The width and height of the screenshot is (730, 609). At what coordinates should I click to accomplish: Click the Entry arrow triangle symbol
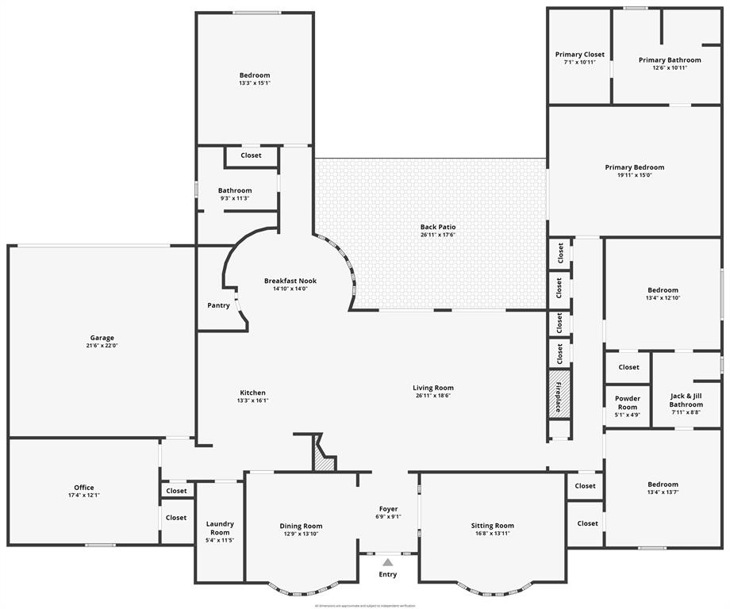point(387,561)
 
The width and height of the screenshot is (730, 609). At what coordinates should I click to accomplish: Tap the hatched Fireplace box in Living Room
point(559,393)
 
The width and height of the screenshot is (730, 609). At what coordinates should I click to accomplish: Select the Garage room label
point(102,338)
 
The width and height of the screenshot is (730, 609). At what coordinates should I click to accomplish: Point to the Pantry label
point(218,305)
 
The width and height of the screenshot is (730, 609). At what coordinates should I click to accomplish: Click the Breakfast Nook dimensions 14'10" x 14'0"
point(290,289)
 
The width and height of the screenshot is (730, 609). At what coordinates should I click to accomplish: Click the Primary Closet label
point(579,55)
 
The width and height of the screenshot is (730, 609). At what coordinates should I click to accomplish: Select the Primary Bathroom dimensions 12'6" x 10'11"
point(670,68)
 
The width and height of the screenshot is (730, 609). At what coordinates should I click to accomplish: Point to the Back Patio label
point(438,227)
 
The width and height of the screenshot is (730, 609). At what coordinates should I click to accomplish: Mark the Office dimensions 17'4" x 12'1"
point(84,496)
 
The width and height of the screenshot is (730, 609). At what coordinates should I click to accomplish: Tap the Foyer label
point(388,509)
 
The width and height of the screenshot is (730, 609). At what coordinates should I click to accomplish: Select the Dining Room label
point(301,526)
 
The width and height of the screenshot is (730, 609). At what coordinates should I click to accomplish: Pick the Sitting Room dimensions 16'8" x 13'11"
point(493,534)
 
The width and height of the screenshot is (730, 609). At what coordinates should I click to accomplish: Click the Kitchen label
point(252,393)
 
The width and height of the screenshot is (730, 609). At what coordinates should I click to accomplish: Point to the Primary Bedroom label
point(634,167)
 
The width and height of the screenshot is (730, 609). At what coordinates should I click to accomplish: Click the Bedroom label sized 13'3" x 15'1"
point(255,75)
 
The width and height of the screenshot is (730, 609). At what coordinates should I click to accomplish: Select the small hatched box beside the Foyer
point(323,458)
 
